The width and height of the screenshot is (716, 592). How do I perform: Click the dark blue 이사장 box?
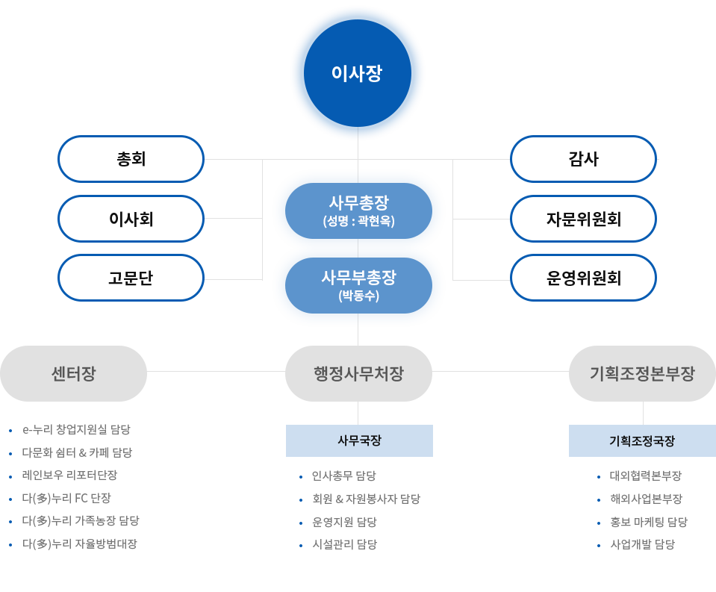point(357,73)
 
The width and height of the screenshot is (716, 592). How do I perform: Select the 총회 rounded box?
point(131,159)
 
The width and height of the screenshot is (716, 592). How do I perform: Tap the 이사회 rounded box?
point(131,219)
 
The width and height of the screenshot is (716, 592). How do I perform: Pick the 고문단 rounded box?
point(131,278)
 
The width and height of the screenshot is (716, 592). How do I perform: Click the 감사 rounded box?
point(583,159)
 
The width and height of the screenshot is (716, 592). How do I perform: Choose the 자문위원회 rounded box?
point(583,219)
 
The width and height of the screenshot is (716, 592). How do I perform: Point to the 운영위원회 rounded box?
point(583,278)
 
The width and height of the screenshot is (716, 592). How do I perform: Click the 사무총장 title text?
point(358,202)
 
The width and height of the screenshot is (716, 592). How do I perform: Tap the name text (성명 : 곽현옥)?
point(358,221)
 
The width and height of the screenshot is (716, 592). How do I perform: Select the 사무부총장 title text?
point(358,278)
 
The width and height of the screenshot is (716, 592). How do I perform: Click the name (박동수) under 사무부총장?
point(358,296)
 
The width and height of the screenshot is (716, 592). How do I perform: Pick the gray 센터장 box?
point(73,373)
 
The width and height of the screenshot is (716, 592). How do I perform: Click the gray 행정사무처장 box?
point(358,373)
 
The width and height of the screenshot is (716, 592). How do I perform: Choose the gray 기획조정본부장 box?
point(641,373)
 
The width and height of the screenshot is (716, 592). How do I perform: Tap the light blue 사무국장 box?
point(358,440)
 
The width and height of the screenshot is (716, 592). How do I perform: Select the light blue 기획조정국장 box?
point(641,440)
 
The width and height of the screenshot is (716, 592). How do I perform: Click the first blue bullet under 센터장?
point(10,430)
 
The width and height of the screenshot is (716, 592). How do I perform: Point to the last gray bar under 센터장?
point(80,544)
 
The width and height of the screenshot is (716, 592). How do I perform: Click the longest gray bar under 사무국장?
point(366,499)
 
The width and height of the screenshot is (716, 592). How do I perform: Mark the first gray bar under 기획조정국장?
point(645,476)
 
